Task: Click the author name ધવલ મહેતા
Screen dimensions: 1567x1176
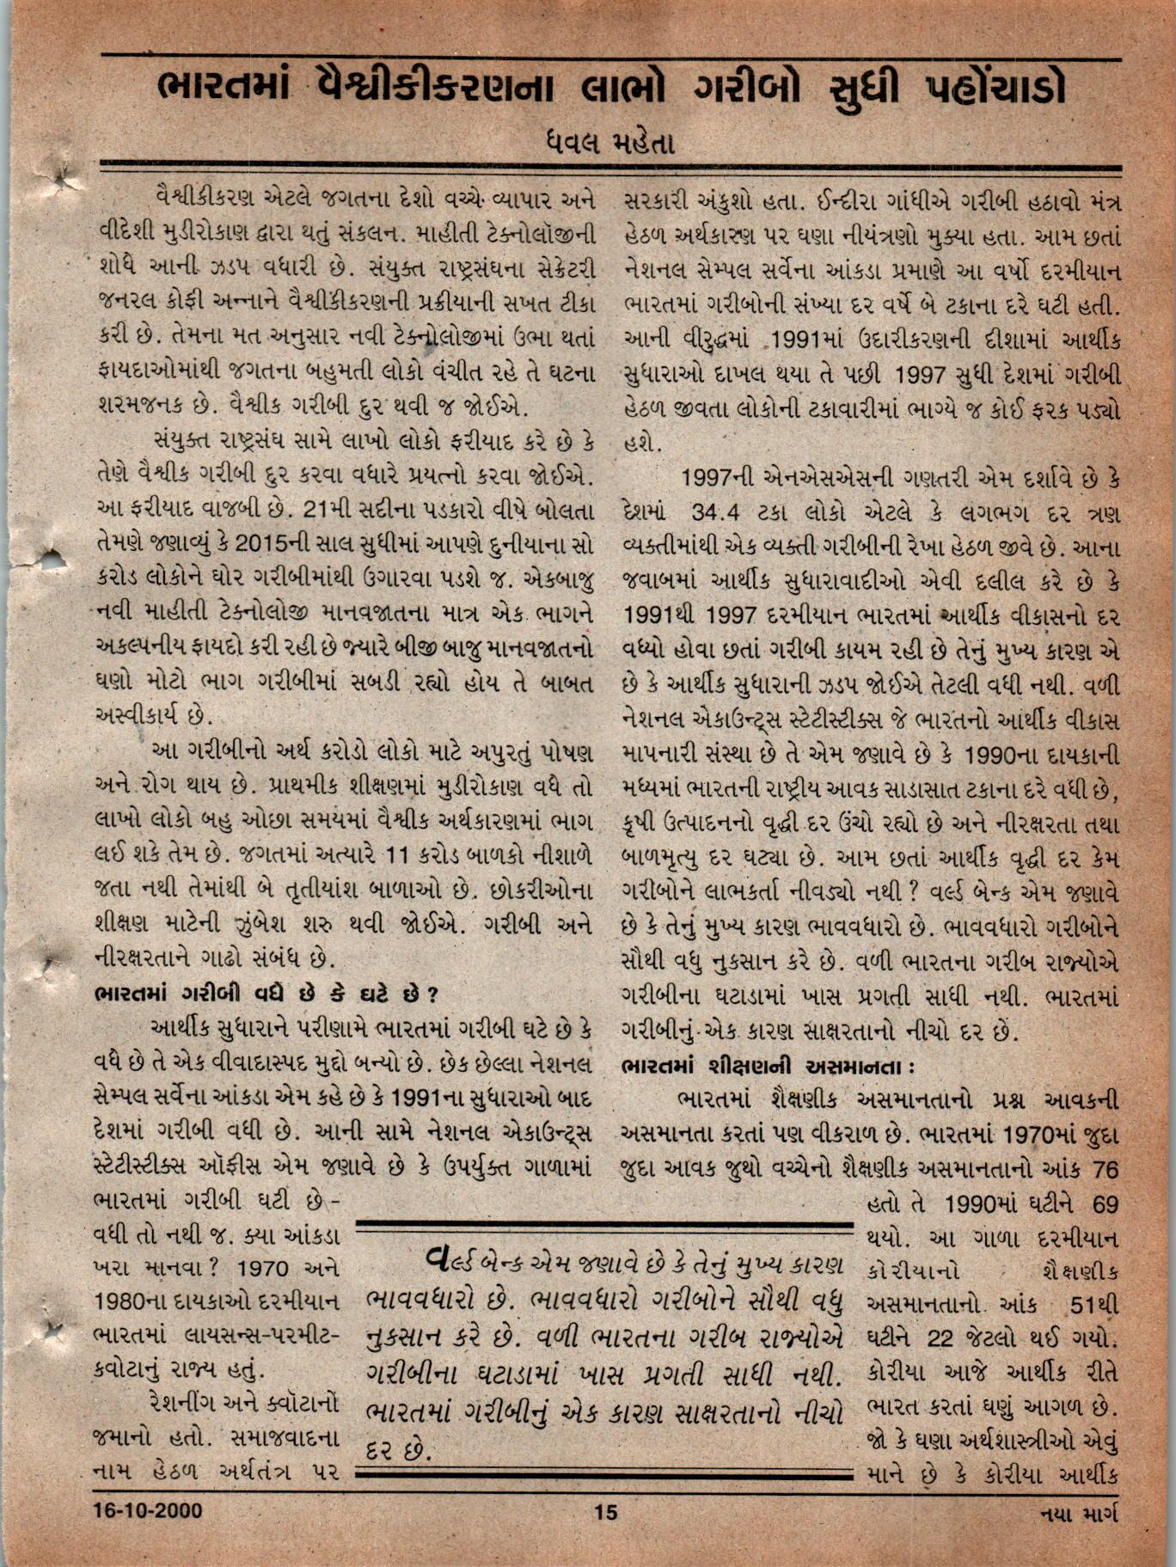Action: click(x=609, y=141)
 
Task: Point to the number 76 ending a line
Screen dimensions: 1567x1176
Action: click(x=1102, y=1169)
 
